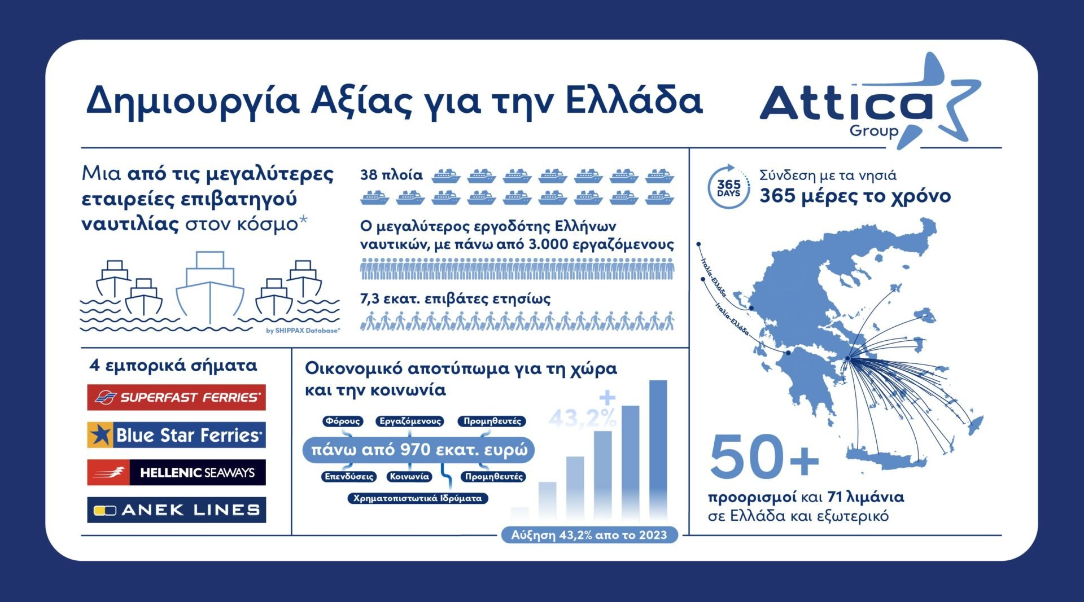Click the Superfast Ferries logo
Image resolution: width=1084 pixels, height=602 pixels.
[x=176, y=397]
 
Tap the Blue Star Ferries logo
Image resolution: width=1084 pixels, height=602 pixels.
[x=176, y=435]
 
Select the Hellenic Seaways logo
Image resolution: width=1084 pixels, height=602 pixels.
[x=176, y=472]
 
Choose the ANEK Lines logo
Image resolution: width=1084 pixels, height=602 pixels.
[x=176, y=510]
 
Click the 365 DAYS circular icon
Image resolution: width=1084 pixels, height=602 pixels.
[x=728, y=187]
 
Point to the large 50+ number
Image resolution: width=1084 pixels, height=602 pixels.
[x=764, y=457]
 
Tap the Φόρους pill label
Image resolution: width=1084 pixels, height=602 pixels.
[x=343, y=421]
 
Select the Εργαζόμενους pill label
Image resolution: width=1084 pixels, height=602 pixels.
[x=410, y=421]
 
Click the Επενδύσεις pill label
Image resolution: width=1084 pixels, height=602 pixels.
[x=349, y=476]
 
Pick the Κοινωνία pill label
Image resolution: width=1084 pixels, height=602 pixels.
[x=409, y=476]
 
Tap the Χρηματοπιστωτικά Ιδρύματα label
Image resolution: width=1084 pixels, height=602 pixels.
[x=417, y=498]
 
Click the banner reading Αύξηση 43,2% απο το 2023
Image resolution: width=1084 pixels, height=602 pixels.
[x=589, y=535]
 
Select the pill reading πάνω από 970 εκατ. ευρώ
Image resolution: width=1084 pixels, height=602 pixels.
[x=419, y=450]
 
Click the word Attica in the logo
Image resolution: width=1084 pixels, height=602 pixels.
[x=846, y=104]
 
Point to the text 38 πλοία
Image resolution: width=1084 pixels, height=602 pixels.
[x=391, y=175]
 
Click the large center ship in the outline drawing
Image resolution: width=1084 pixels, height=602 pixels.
[x=210, y=288]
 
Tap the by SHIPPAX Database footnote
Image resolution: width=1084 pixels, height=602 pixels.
[x=303, y=331]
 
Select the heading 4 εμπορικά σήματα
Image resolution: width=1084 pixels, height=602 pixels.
[x=173, y=366]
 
